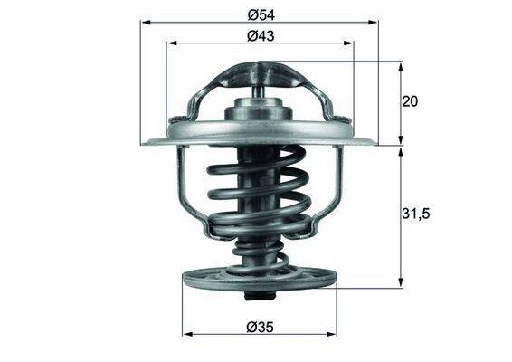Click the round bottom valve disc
260,282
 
